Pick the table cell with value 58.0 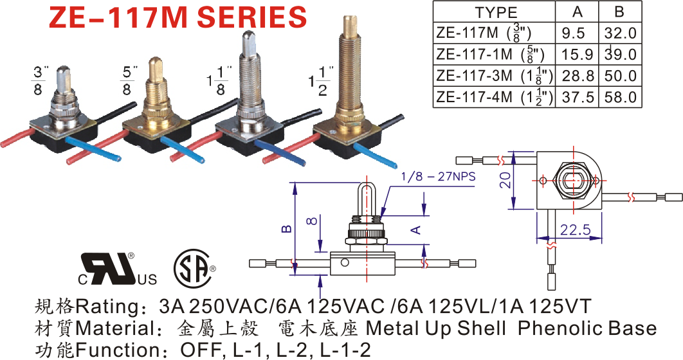coord(620,96)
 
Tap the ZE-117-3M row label coord(493,75)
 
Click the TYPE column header coord(496,12)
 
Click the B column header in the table coord(620,12)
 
